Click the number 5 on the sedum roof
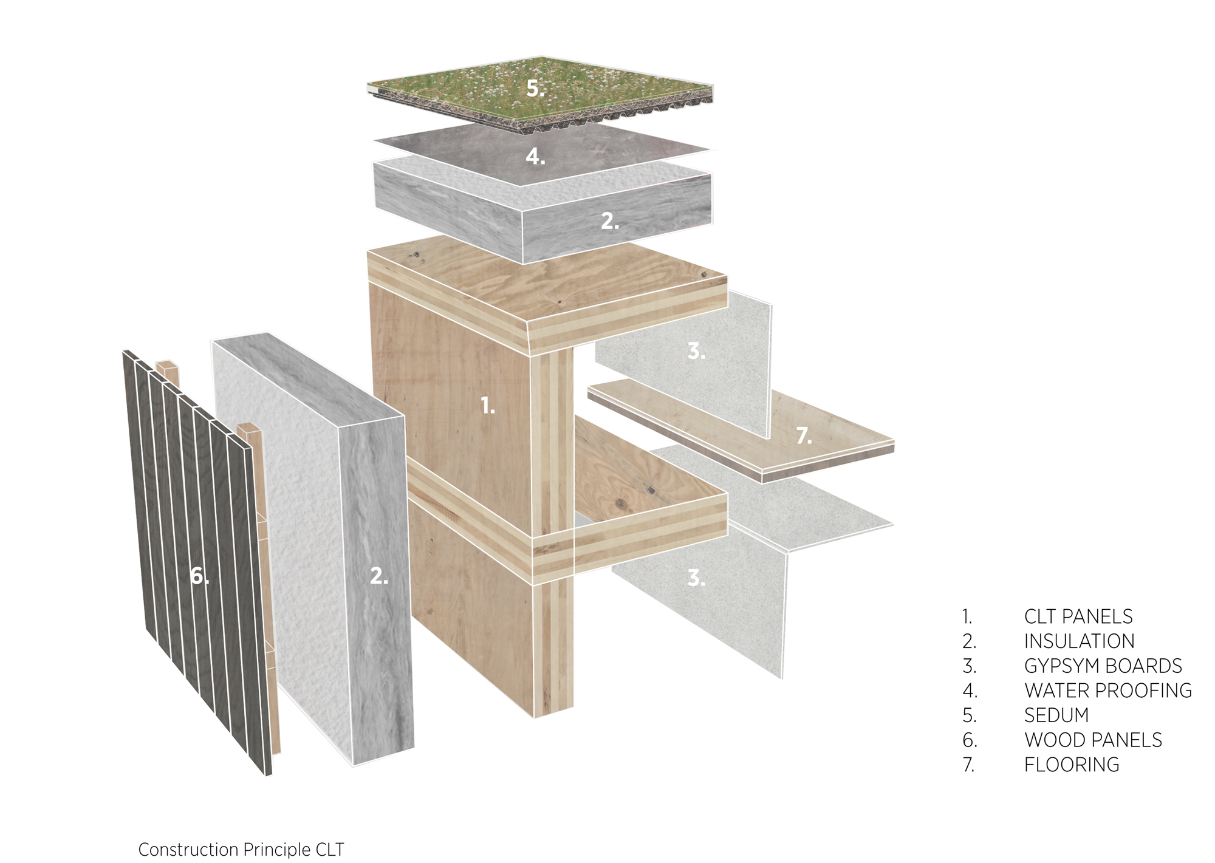point(535,89)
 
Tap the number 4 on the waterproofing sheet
point(535,157)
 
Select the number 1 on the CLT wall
point(488,405)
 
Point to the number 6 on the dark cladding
point(199,576)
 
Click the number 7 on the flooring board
point(804,435)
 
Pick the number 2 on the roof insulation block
point(610,221)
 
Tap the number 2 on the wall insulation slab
point(379,576)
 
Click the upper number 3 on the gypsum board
point(696,350)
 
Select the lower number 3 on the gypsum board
point(696,578)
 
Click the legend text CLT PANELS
point(1078,616)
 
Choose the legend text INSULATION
point(1080,641)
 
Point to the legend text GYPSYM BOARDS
point(1103,666)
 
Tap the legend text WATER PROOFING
point(1108,691)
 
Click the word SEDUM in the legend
point(1056,715)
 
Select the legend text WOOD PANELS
point(1093,740)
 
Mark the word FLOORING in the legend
point(1072,765)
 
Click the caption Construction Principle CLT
point(241,850)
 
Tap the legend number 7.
point(969,765)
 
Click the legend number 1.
point(967,616)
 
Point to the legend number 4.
point(970,691)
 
